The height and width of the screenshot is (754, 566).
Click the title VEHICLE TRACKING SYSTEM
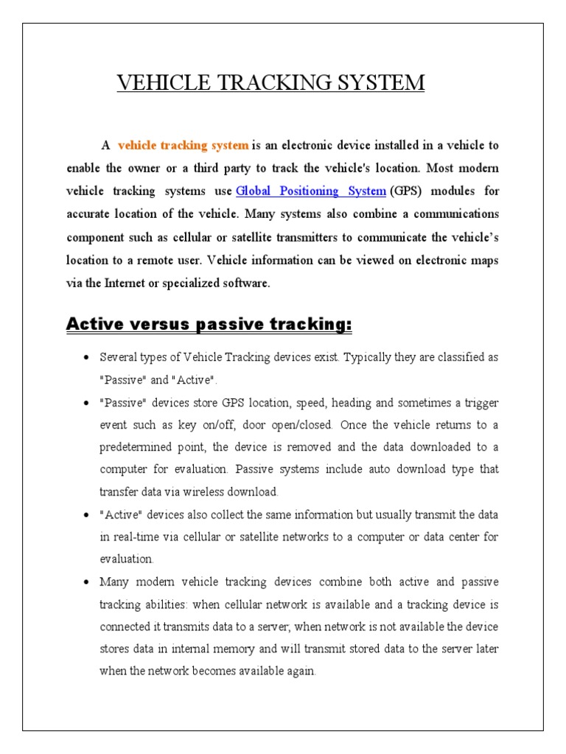(270, 83)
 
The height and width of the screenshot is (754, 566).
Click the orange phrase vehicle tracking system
(183, 145)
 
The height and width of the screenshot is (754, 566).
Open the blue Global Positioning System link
(310, 191)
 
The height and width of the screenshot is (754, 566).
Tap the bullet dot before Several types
(86, 358)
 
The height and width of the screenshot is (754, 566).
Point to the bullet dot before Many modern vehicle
(86, 582)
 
